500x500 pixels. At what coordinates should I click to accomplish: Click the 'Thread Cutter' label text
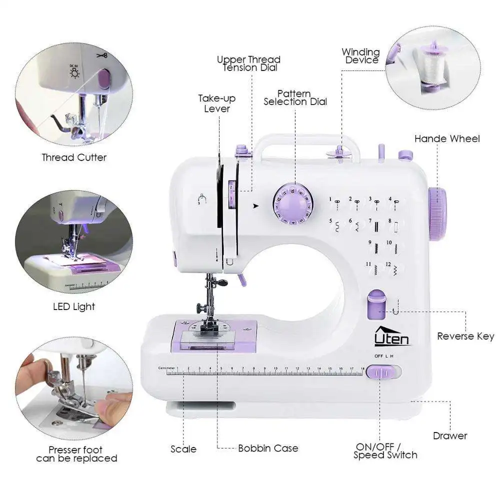tap(74, 157)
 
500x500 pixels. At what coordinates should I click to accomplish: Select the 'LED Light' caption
tap(74, 306)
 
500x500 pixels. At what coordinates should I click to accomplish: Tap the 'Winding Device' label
tap(360, 56)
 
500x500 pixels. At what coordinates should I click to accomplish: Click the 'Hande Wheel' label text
tap(446, 138)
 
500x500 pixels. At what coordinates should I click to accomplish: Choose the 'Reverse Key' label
tap(465, 336)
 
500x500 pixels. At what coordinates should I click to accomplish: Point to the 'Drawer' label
tap(450, 436)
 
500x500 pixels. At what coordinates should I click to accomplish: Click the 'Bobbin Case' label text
tap(268, 448)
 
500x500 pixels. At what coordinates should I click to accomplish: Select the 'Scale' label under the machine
tap(183, 449)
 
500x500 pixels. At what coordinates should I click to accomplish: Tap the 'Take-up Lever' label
tap(217, 103)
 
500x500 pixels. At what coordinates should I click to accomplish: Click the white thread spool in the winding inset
tap(430, 67)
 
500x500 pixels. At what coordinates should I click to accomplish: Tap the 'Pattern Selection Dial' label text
tap(295, 97)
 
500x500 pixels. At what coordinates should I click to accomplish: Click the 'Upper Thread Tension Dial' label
tap(248, 63)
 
